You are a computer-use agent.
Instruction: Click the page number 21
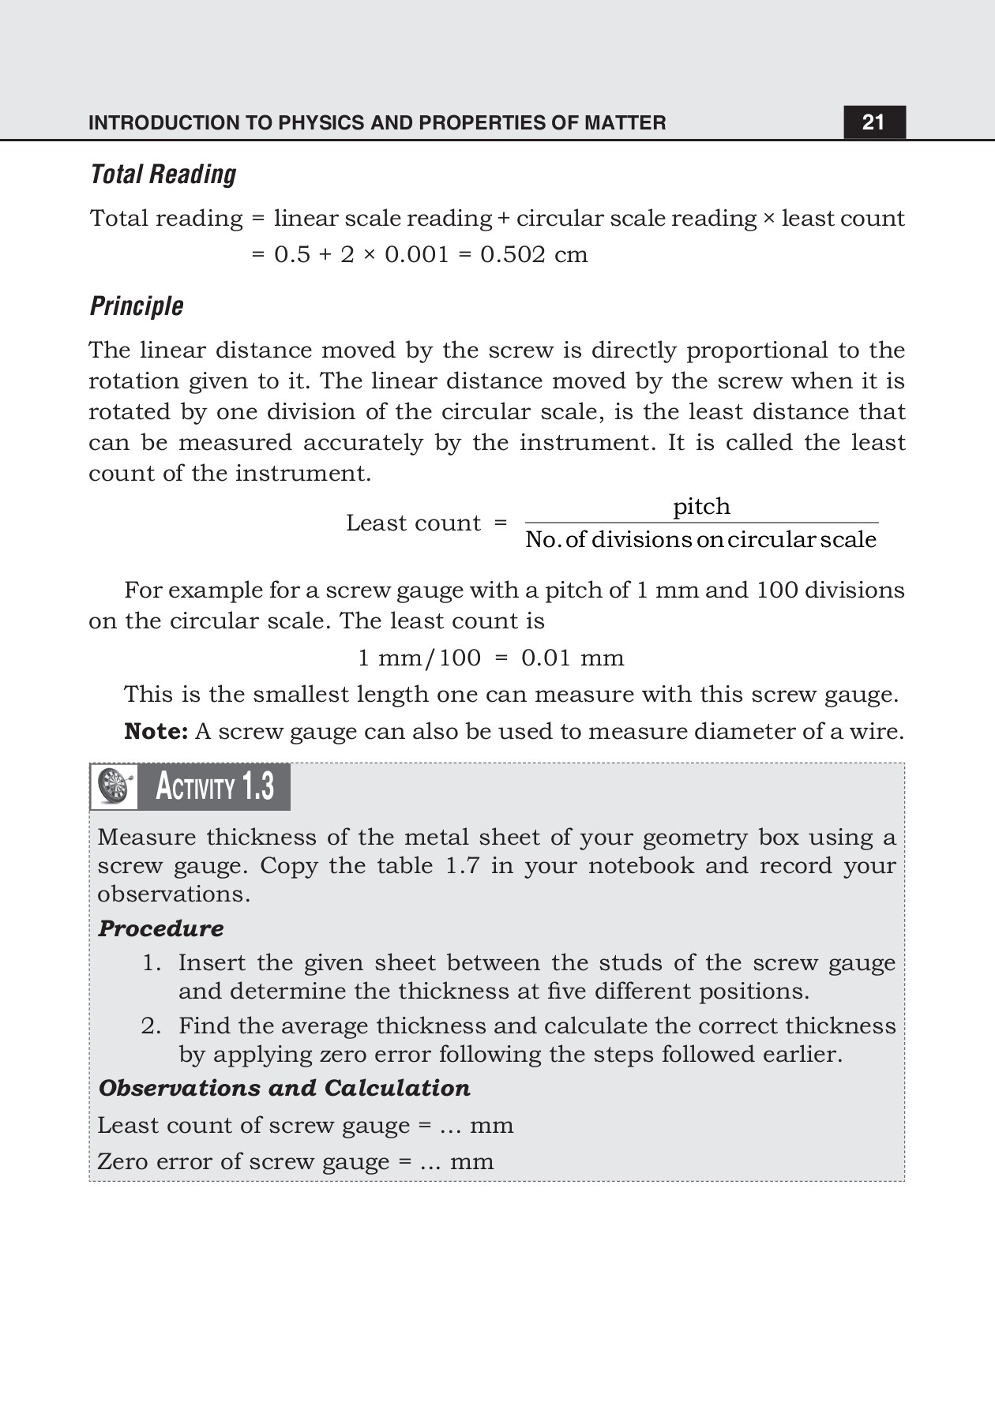tap(873, 122)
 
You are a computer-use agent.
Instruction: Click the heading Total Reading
tap(163, 174)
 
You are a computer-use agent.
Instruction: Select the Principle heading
tap(137, 306)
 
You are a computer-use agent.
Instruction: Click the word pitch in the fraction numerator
tap(701, 506)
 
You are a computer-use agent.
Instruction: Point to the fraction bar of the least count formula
tap(701, 523)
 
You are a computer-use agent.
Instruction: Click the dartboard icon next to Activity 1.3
tap(115, 786)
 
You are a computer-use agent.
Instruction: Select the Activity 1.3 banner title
tap(214, 787)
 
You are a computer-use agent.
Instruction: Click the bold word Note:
tap(156, 731)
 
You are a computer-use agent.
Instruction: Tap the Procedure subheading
tap(161, 928)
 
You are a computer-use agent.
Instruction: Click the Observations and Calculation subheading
tap(284, 1088)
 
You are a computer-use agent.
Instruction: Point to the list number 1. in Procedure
tap(152, 963)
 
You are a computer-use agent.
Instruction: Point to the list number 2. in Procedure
tap(151, 1026)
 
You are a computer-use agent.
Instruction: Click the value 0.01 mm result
tap(573, 658)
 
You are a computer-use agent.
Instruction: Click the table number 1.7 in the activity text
tap(462, 866)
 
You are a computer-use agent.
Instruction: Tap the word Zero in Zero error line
tap(122, 1162)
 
